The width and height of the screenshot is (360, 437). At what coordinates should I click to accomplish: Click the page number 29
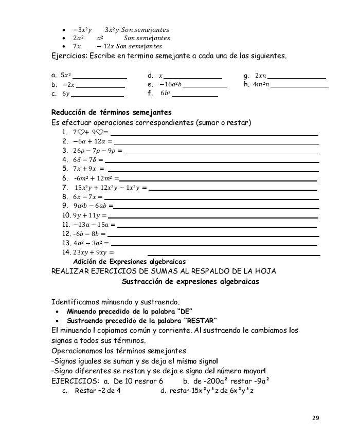pyautogui.click(x=316, y=418)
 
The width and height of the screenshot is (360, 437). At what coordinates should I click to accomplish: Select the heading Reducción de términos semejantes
pyautogui.click(x=112, y=112)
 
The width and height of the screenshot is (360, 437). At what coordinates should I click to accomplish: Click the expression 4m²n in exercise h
pyautogui.click(x=261, y=85)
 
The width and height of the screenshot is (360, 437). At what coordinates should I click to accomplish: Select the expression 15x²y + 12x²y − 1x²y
pyautogui.click(x=111, y=187)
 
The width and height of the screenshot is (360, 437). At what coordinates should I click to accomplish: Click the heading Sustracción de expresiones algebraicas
pyautogui.click(x=190, y=282)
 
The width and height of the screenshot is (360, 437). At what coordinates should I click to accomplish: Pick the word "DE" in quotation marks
pyautogui.click(x=184, y=311)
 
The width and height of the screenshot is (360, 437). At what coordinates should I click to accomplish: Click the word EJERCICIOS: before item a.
pyautogui.click(x=75, y=381)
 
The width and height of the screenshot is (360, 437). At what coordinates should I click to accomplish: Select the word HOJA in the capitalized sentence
pyautogui.click(x=265, y=271)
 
